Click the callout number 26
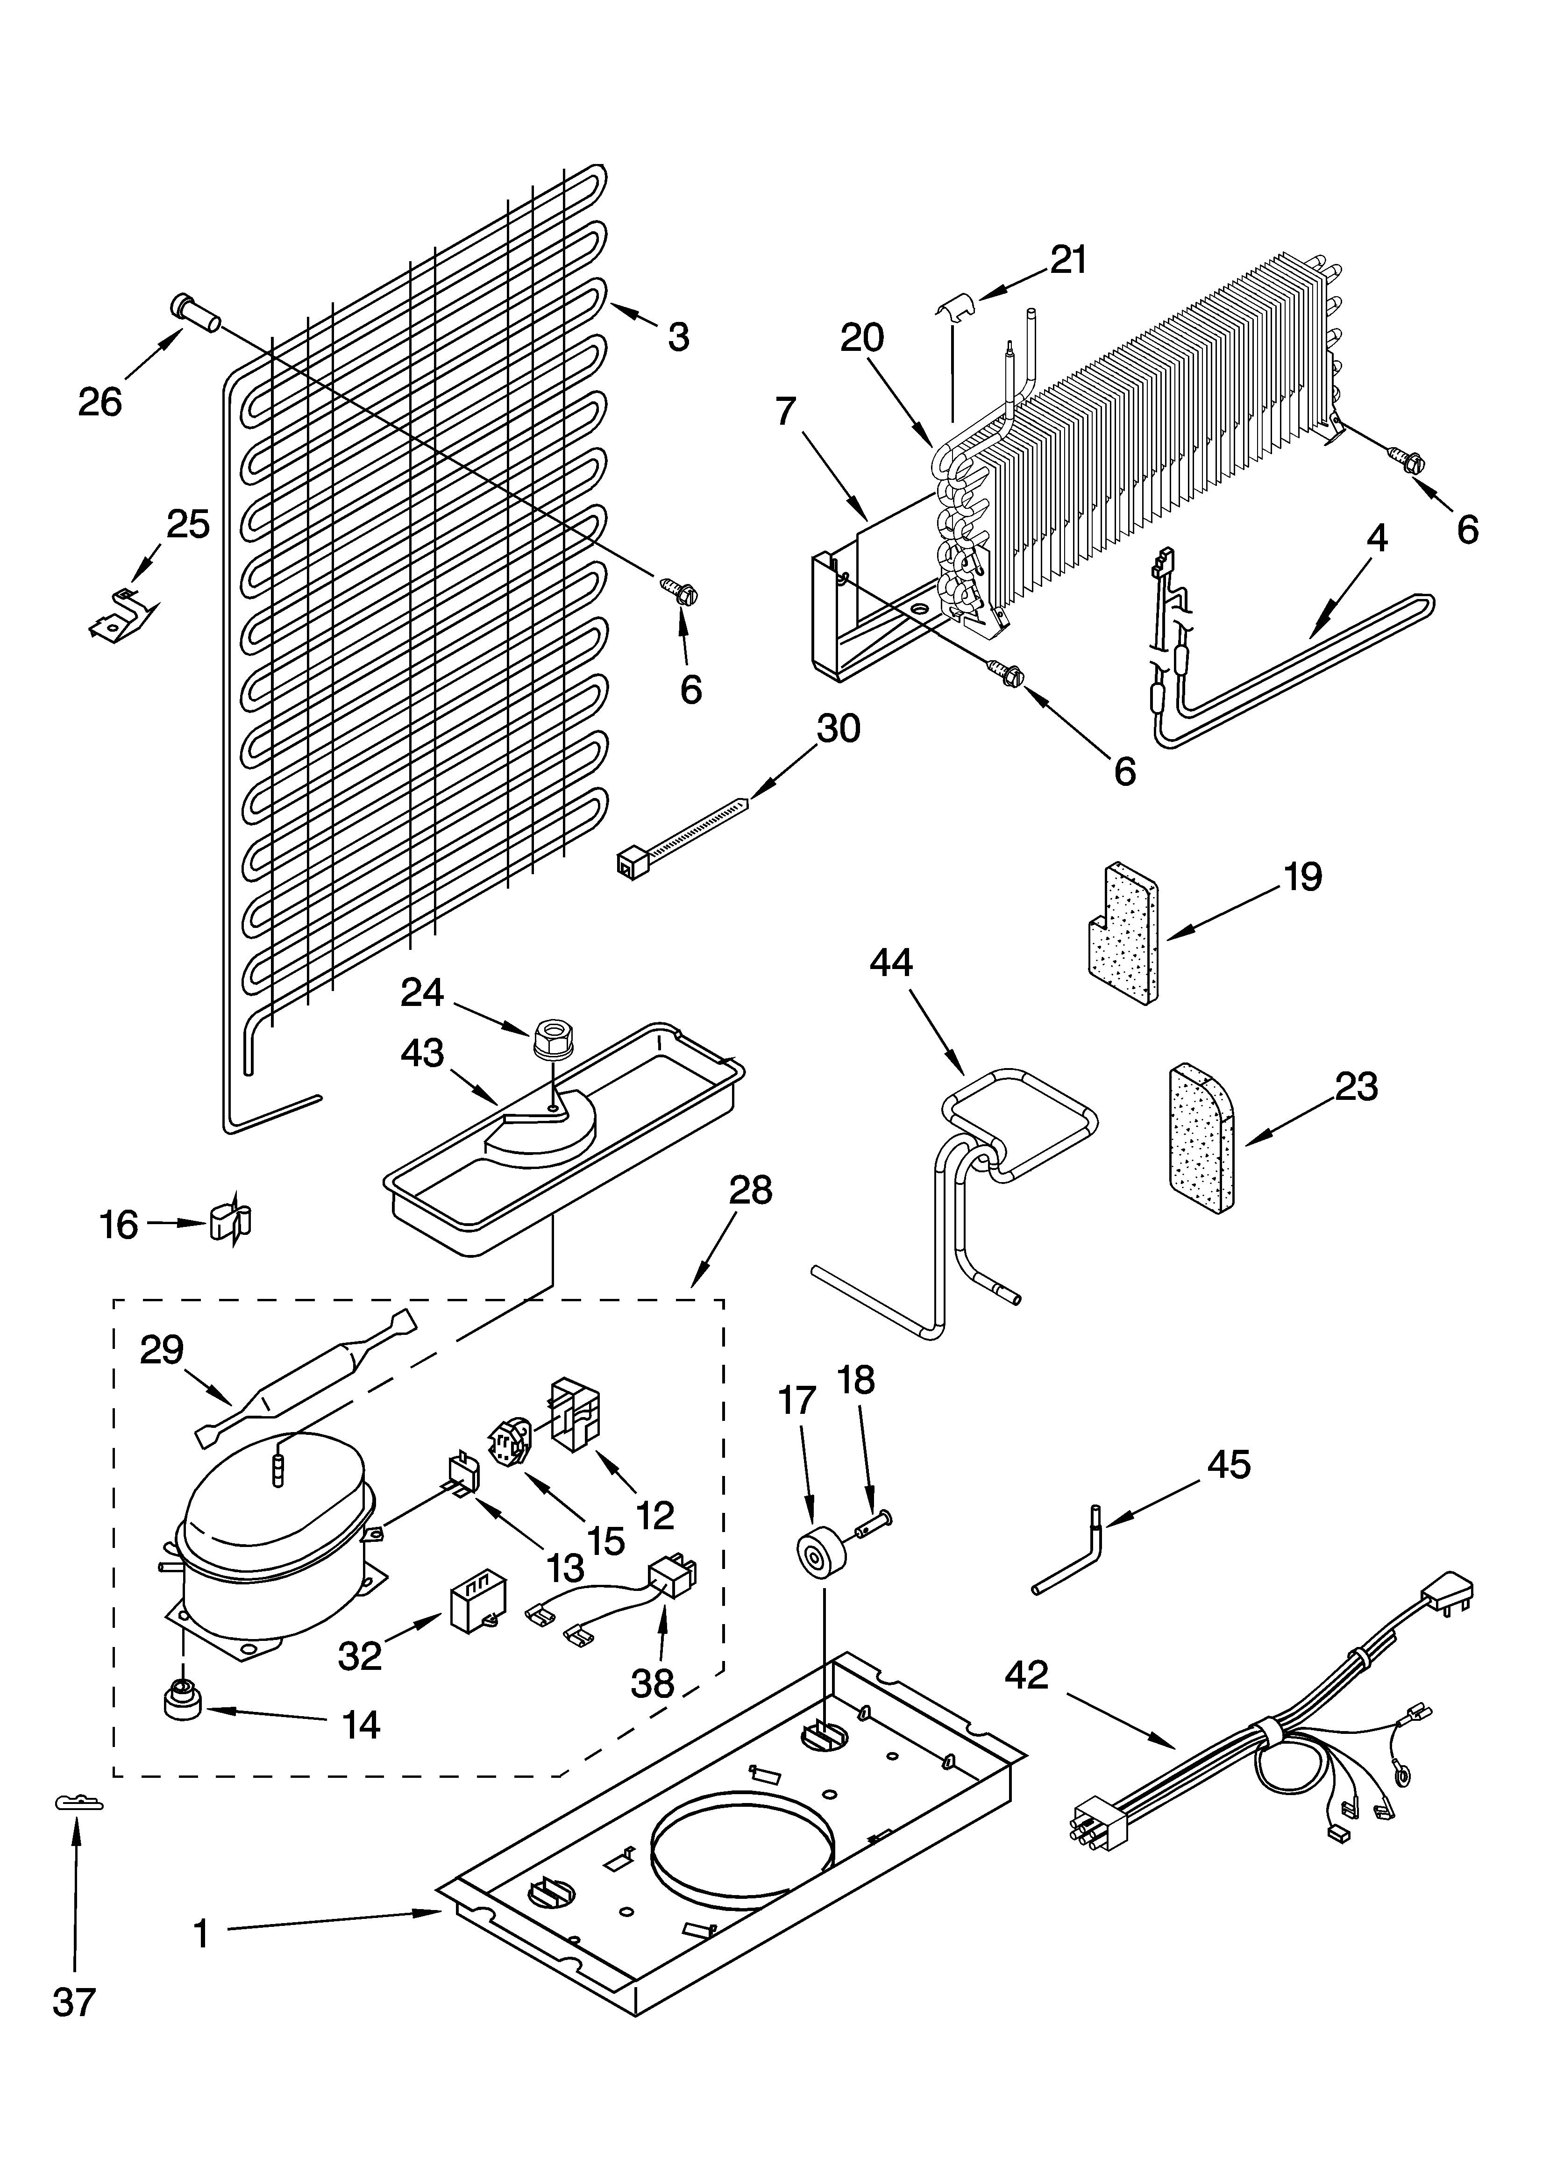(x=100, y=403)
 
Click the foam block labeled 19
(x=1124, y=934)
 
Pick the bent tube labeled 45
(x=1072, y=1558)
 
